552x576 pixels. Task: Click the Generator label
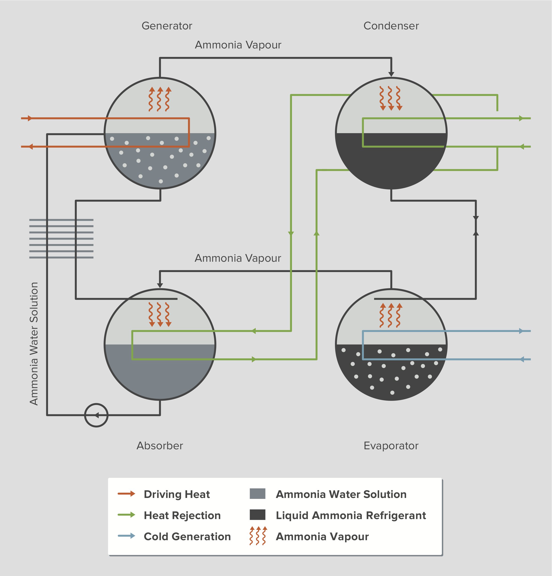point(167,26)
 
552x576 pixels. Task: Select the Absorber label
point(160,446)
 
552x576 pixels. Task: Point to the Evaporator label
point(391,446)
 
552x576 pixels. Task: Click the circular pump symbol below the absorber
point(96,415)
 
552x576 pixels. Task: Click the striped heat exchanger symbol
point(61,239)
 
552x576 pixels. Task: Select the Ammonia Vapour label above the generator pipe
point(238,45)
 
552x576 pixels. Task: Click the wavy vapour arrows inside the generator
point(160,99)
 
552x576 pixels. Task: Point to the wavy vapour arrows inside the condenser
point(391,98)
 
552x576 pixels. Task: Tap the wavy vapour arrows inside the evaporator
point(391,315)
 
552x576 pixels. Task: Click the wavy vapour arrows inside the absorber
point(160,315)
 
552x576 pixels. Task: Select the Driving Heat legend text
point(177,494)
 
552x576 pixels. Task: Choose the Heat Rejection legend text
point(182,515)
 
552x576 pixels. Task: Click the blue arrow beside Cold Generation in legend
point(127,536)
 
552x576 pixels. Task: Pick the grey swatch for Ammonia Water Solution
point(257,494)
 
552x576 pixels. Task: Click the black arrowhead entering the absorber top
point(160,285)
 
